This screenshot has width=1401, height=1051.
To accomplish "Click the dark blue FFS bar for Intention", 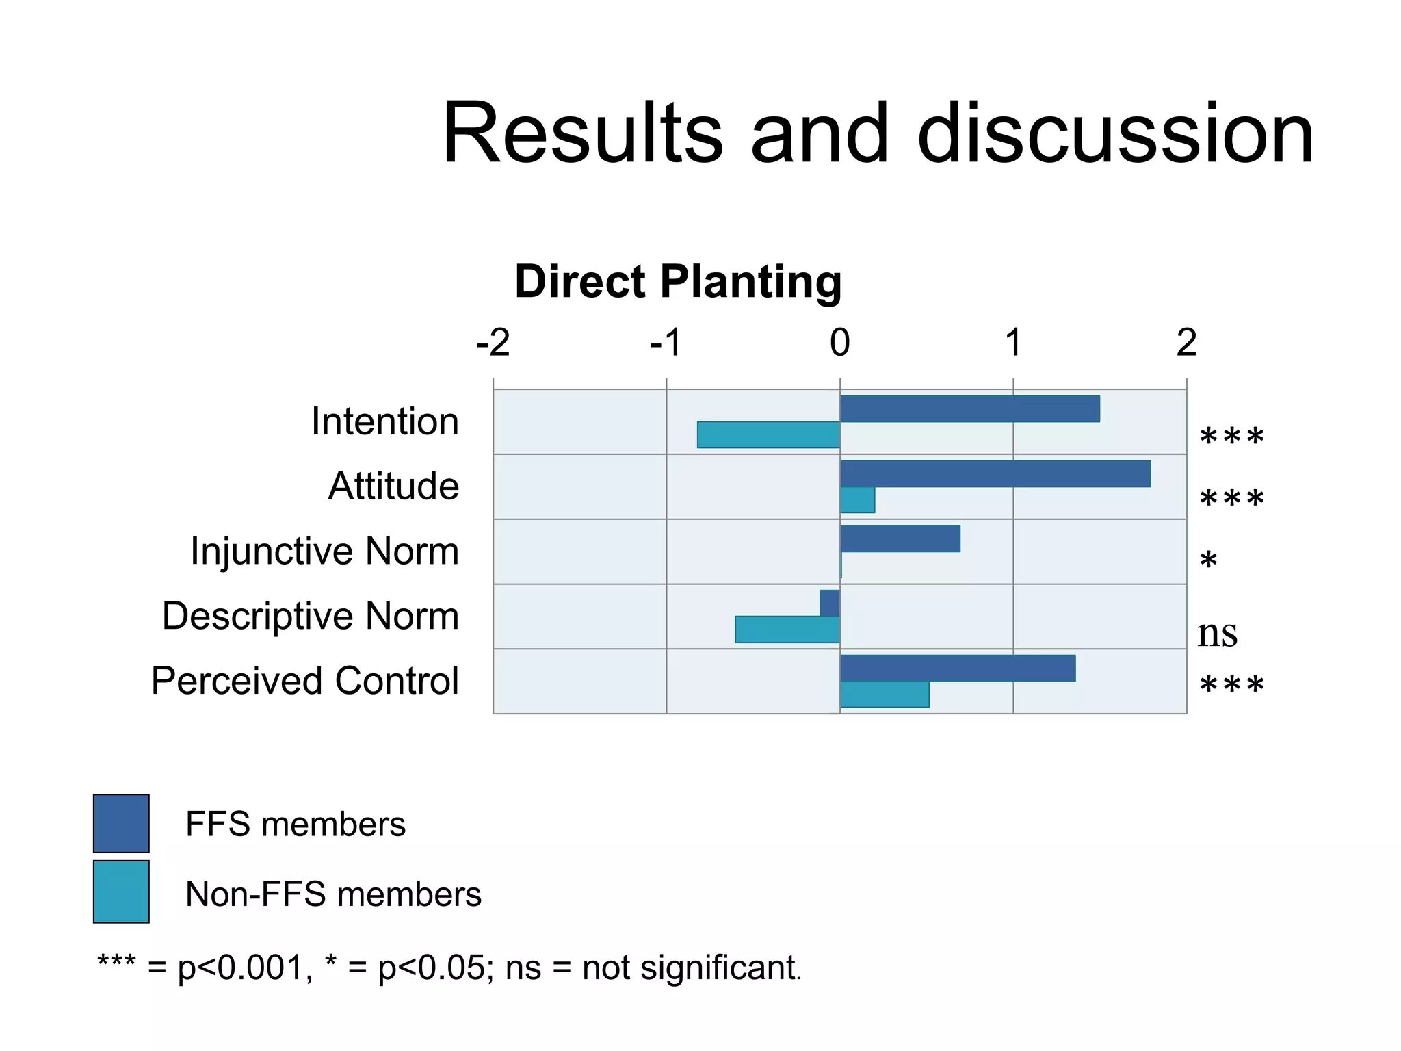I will [x=969, y=408].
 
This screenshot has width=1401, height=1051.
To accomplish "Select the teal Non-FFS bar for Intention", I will [x=768, y=435].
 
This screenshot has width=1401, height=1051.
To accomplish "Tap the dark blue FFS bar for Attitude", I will [x=995, y=473].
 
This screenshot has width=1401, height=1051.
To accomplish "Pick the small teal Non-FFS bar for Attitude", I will [x=857, y=500].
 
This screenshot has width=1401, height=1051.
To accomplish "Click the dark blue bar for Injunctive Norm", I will [x=900, y=539].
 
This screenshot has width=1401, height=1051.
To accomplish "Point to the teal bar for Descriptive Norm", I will [x=787, y=630].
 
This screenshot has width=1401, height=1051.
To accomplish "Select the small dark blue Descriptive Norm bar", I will [x=830, y=604].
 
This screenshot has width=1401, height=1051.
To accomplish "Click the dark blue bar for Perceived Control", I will [x=958, y=669].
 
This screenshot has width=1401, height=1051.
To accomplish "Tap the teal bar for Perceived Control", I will [x=885, y=695].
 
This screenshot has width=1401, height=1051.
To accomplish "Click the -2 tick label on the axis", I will [x=493, y=343].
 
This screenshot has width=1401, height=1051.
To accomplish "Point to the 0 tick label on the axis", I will [x=840, y=343].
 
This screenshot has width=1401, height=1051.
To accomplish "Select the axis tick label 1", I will [x=1013, y=343].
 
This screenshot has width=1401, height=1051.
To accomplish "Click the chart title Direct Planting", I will [x=678, y=281].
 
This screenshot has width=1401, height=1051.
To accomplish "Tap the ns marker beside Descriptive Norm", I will [x=1217, y=634].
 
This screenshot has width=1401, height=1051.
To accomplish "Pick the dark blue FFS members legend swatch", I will [x=121, y=823].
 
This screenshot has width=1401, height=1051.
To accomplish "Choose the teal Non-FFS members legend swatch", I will [x=121, y=892].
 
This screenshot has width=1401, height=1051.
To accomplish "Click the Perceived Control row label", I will [x=305, y=681].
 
